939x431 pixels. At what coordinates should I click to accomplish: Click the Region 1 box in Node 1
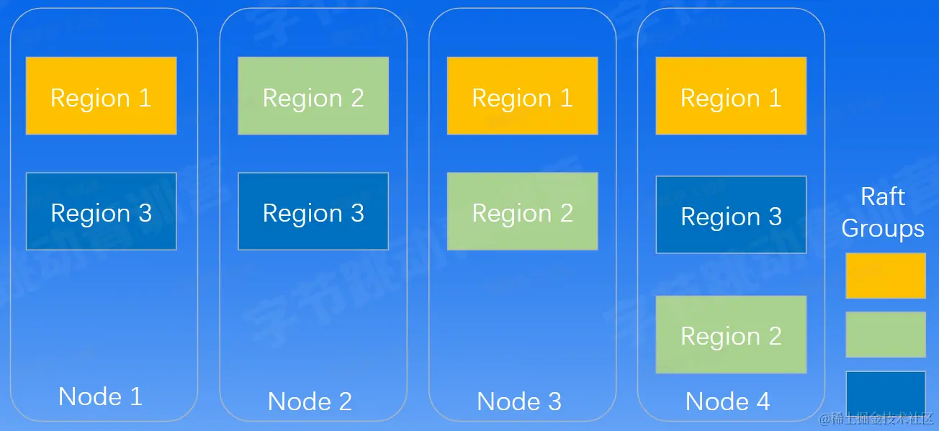tap(101, 96)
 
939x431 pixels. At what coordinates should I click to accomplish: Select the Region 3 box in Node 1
tap(101, 211)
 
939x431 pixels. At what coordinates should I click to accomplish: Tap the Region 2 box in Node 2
tap(313, 96)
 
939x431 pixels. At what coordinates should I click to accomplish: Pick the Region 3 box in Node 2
tap(313, 211)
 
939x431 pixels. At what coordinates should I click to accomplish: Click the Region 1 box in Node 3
tap(522, 96)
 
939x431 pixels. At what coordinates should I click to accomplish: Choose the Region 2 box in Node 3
tap(522, 211)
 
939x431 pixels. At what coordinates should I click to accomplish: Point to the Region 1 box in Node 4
tap(731, 96)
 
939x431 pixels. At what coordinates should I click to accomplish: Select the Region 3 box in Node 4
tap(731, 214)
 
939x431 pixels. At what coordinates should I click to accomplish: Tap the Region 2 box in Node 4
tap(731, 335)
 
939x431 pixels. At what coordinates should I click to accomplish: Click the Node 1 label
tap(100, 396)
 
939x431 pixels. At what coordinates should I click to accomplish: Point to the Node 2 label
tap(310, 401)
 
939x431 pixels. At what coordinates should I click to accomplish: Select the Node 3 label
tap(519, 401)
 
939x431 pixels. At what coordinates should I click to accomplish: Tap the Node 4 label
tap(728, 401)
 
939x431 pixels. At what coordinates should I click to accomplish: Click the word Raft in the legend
tap(883, 196)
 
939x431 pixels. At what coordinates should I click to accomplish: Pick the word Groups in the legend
tap(883, 228)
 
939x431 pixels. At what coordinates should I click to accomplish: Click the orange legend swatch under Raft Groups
tap(885, 275)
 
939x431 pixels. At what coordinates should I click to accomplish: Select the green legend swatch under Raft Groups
tap(885, 334)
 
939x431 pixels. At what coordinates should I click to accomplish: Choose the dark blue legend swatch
tap(885, 392)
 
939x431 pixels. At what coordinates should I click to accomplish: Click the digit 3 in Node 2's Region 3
tap(356, 213)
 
